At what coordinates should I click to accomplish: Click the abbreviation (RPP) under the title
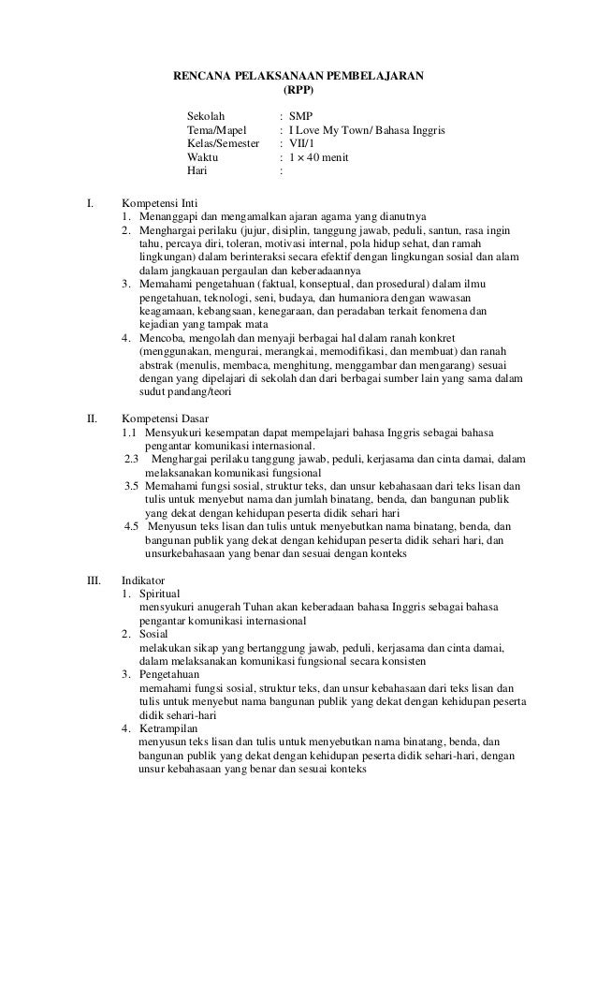[299, 92]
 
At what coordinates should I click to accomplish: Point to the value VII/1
[303, 144]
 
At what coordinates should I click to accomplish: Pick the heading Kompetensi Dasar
[166, 419]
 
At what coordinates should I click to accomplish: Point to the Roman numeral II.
[92, 419]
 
